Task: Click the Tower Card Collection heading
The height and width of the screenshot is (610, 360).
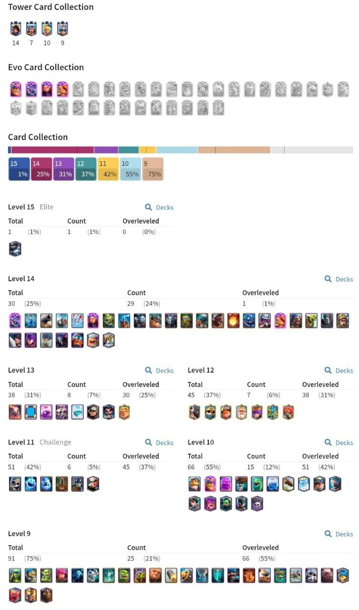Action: coord(51,7)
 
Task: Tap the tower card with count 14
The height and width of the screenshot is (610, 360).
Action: coord(16,29)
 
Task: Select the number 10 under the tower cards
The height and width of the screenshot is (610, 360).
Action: coord(47,43)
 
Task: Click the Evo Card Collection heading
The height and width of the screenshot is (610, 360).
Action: coord(46,67)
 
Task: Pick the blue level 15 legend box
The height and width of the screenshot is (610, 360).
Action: coord(19,169)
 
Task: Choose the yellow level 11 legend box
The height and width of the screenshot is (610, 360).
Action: coord(108,169)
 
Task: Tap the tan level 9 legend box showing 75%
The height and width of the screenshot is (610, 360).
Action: coord(153,169)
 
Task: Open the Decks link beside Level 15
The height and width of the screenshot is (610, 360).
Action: coord(159,207)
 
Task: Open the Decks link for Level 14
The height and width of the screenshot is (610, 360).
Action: coord(339,279)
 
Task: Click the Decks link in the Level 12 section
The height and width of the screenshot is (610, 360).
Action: coord(339,371)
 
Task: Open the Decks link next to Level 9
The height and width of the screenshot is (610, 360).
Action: coord(339,534)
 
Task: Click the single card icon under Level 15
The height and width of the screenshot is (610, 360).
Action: coord(15,249)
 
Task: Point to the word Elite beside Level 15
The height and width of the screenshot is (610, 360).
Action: coord(47,207)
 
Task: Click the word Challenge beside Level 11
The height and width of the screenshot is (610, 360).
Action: coord(55,442)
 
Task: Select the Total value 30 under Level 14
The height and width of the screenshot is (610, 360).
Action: coord(12,304)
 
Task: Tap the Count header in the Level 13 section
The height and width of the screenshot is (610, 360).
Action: coord(77,385)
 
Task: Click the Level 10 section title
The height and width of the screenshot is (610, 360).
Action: coord(201,442)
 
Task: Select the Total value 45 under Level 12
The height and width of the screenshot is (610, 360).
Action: coord(192,395)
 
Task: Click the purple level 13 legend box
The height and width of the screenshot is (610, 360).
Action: coord(63,169)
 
